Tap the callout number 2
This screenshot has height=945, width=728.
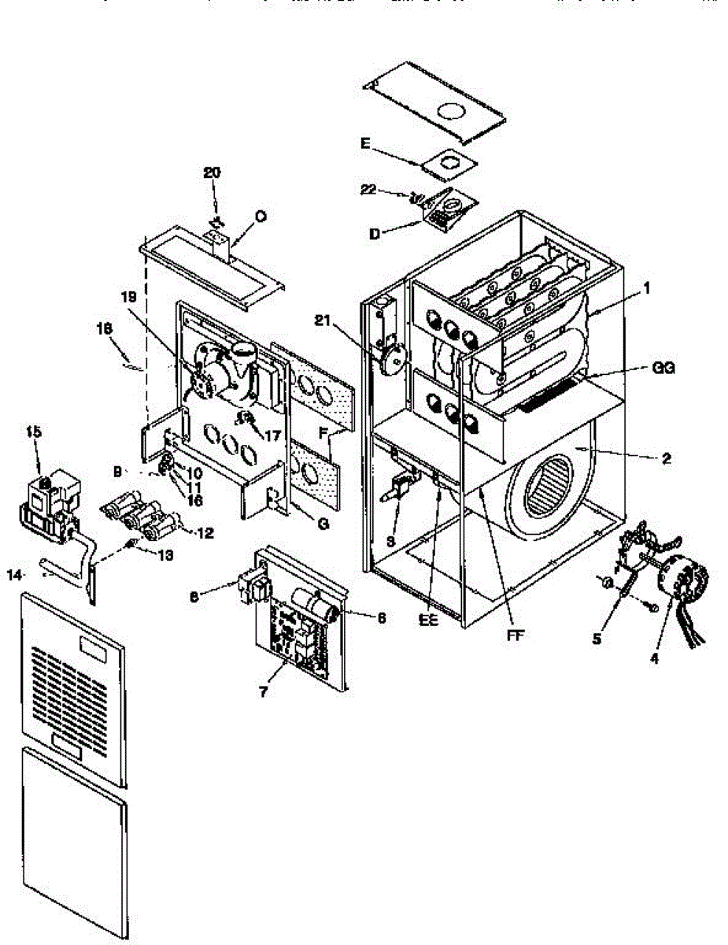click(x=667, y=458)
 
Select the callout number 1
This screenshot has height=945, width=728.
click(x=647, y=288)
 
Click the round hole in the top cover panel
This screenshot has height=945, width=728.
click(x=449, y=113)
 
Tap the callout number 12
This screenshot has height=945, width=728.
click(x=205, y=532)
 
